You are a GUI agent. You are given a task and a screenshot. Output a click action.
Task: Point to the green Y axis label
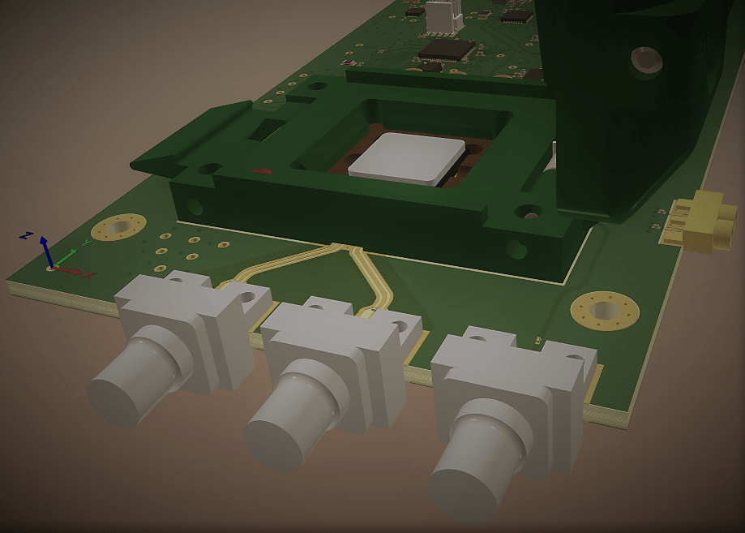tap(87, 242)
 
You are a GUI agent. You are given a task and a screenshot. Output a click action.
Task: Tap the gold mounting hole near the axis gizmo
tap(120, 228)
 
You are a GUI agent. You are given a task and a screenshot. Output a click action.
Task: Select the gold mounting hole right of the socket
tap(604, 310)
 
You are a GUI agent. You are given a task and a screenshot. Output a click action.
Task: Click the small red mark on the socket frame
tap(262, 171)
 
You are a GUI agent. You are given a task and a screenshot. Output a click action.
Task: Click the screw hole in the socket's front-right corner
tap(516, 248)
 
